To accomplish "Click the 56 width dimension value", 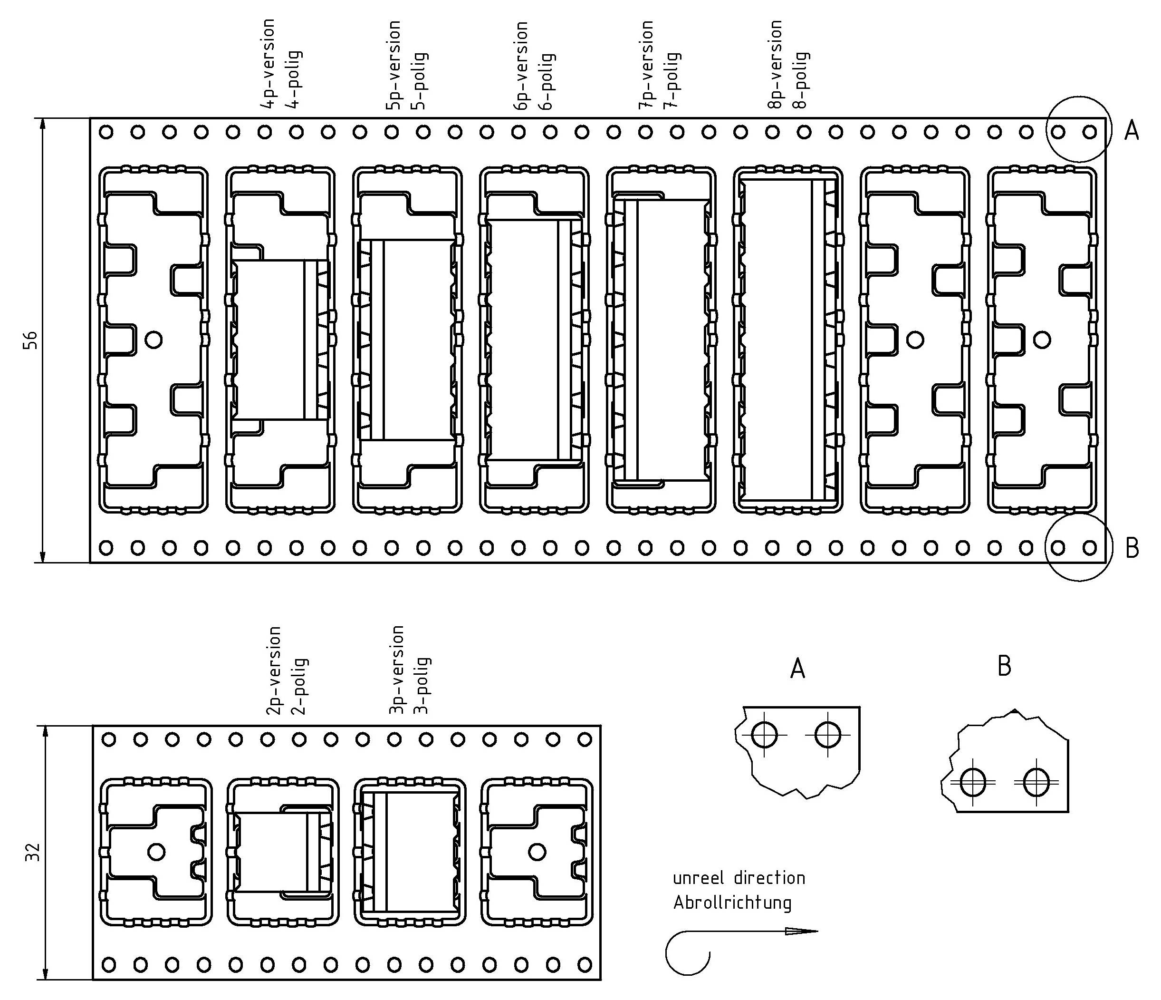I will [x=32, y=340].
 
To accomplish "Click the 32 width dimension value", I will [x=33, y=852].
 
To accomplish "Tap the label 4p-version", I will [x=269, y=64].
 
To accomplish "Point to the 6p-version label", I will [x=522, y=66].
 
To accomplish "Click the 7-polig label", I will [x=674, y=79].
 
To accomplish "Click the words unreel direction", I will [x=739, y=878].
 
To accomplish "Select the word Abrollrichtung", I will [x=732, y=903].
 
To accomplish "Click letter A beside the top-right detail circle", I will [x=1132, y=131].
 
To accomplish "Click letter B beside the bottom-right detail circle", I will [x=1132, y=548].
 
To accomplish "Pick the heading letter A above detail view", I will [x=797, y=669].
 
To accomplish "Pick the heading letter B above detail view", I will [x=1004, y=667].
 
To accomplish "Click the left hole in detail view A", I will [x=764, y=734].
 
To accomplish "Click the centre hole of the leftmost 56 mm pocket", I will [x=153, y=339].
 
